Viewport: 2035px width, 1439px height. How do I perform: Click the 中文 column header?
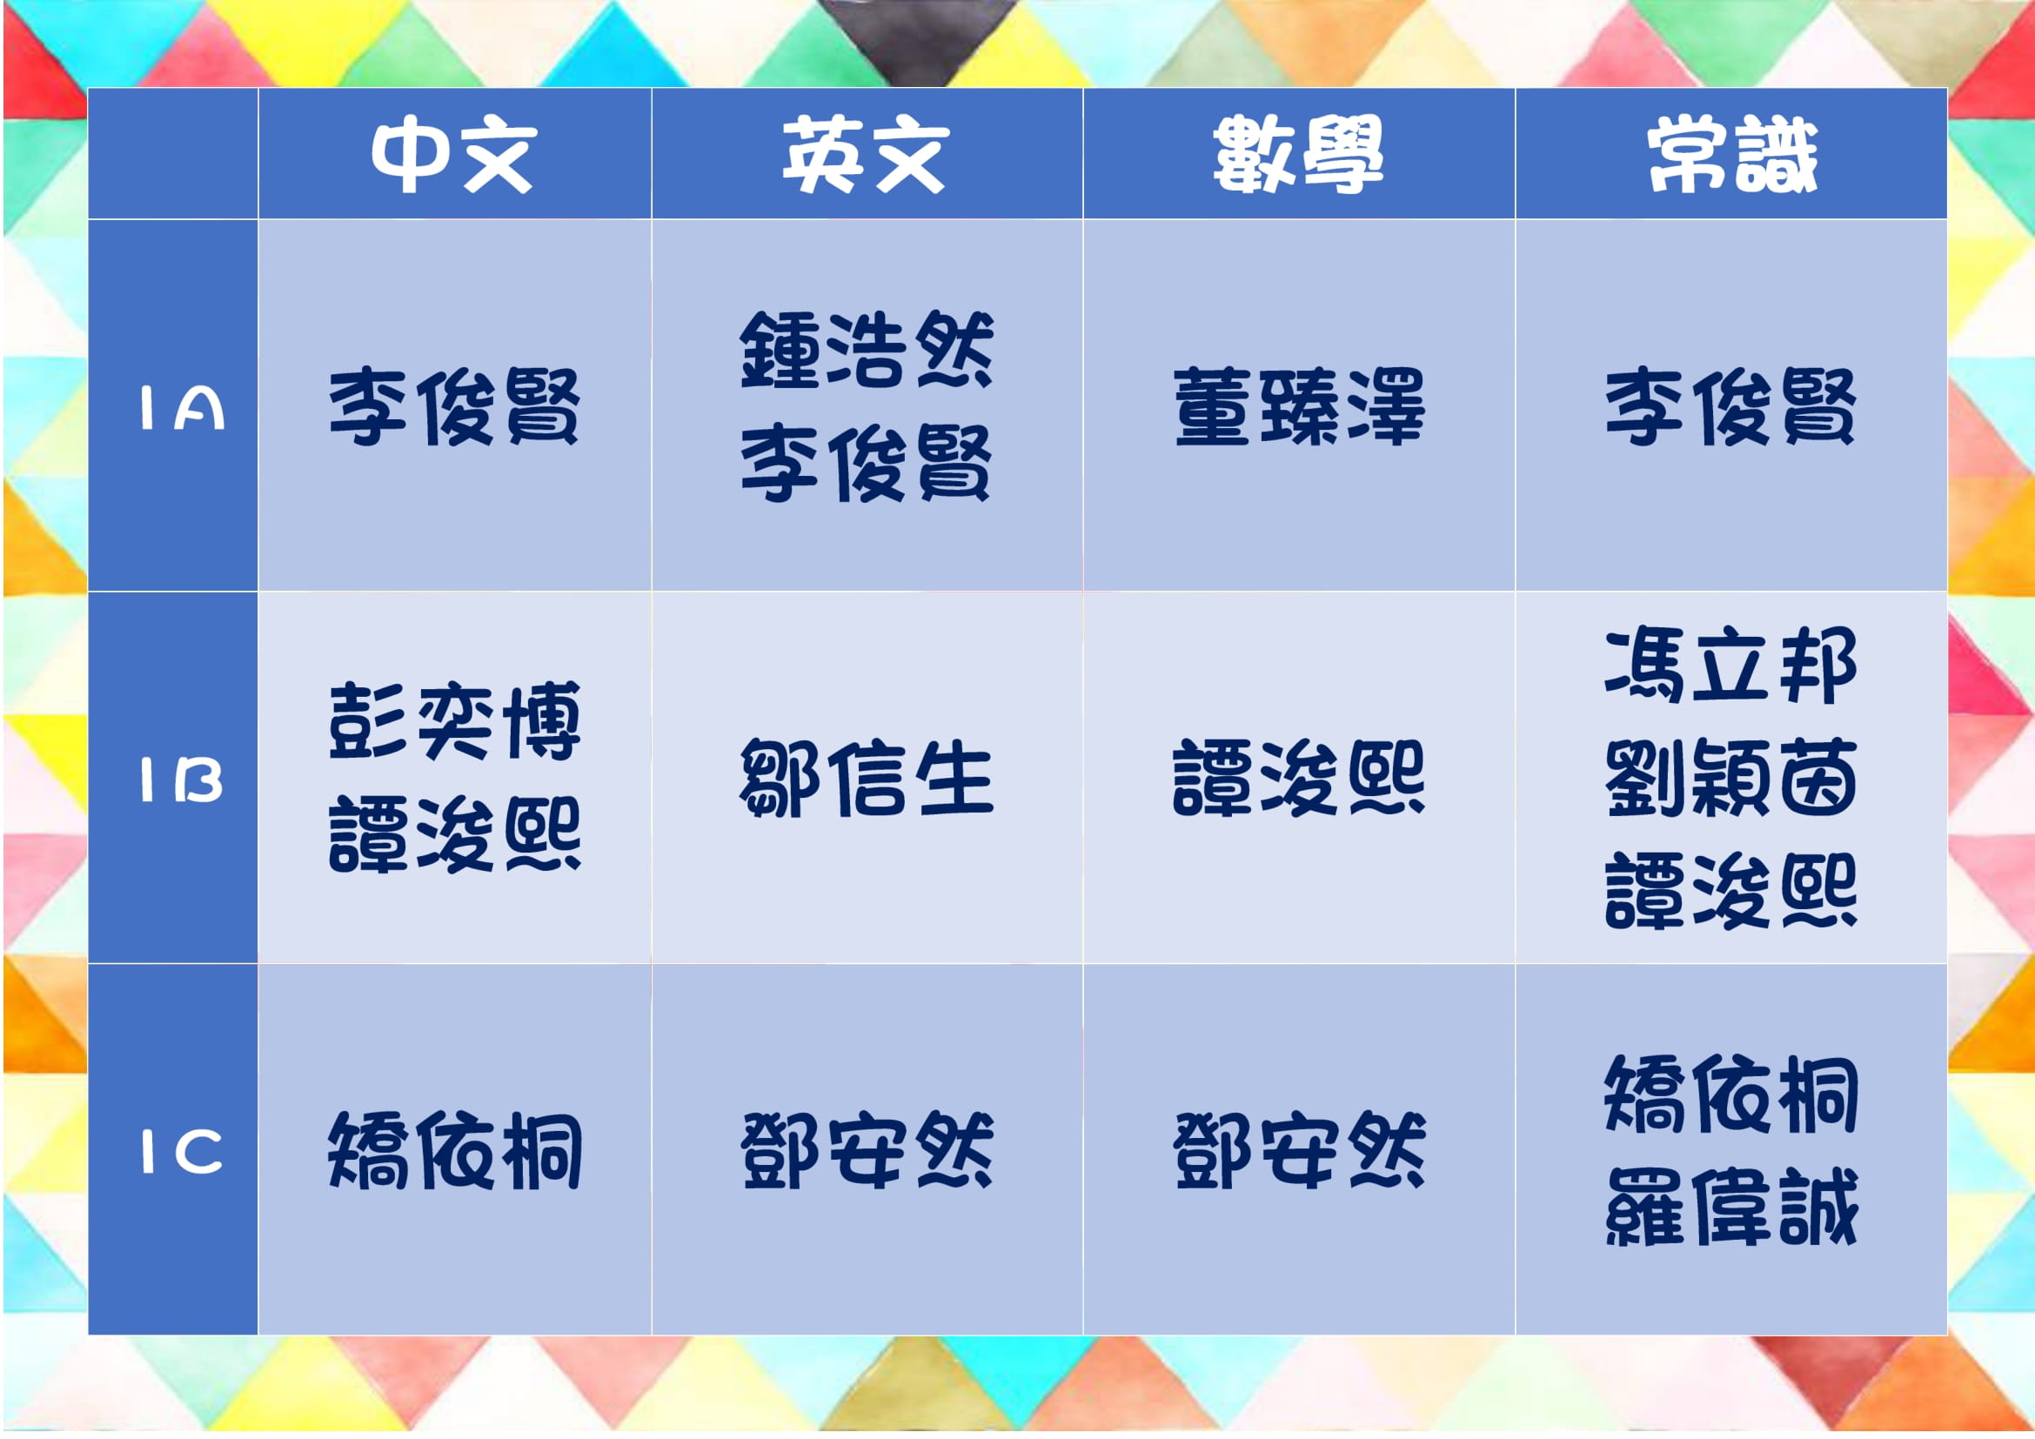tap(454, 156)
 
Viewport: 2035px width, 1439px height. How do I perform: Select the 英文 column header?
tap(865, 156)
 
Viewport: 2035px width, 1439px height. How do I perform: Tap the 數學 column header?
tap(1298, 156)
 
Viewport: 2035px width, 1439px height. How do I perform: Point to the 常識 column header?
tap(1732, 156)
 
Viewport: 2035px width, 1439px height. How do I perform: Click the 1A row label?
tap(182, 409)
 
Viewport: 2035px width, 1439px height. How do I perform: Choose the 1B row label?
tap(182, 780)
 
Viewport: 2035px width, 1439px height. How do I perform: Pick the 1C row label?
tap(182, 1152)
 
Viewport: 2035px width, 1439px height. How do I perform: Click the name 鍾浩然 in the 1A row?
tap(866, 350)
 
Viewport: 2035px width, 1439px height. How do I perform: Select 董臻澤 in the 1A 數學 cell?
tap(1299, 406)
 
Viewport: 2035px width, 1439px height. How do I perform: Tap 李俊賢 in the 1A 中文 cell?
tap(454, 406)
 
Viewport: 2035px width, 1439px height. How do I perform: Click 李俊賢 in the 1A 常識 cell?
tap(1731, 406)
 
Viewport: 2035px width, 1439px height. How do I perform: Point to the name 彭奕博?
tap(455, 721)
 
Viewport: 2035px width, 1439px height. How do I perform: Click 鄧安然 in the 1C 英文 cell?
tap(866, 1151)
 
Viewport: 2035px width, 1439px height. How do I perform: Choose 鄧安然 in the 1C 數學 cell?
tap(1299, 1151)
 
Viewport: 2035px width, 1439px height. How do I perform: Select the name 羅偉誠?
tap(1731, 1207)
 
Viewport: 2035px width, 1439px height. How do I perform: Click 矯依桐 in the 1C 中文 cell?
tap(455, 1151)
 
